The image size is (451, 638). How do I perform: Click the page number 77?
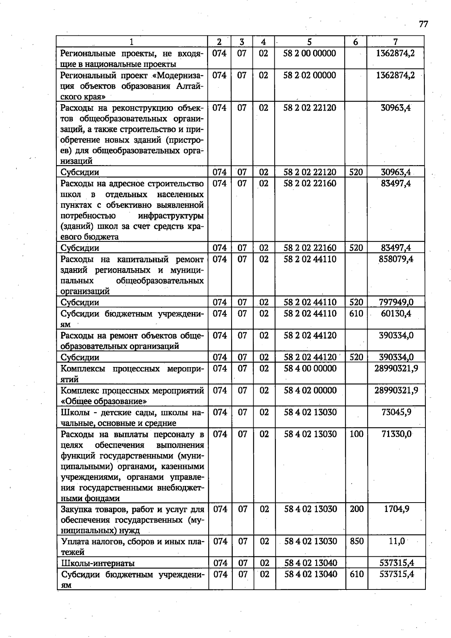coord(423,24)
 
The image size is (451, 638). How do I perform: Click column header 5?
coord(309,42)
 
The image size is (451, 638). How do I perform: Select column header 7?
coord(395,42)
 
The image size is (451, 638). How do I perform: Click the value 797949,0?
coord(396,302)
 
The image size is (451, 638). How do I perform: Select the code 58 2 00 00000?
coord(309,53)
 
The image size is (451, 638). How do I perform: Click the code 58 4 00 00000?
coord(310,368)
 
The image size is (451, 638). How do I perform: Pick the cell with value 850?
coord(356,541)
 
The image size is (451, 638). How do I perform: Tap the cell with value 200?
coord(356,509)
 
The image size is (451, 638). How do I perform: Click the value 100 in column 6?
coord(356,434)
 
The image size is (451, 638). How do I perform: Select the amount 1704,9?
coord(397,509)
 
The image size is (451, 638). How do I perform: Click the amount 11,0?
coord(397,541)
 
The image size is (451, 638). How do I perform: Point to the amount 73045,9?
coord(396,412)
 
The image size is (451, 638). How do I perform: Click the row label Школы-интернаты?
coord(98,563)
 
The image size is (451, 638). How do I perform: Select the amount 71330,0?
coord(396,434)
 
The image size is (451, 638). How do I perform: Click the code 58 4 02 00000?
coord(310,390)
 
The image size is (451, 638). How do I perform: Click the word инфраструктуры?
coord(171,216)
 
